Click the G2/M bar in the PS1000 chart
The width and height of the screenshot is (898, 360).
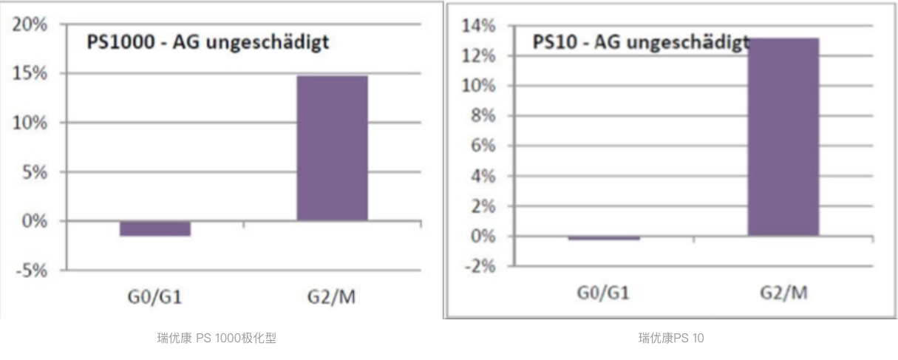point(332,148)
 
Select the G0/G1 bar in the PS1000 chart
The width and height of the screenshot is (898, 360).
point(155,228)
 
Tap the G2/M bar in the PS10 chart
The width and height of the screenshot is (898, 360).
point(783,137)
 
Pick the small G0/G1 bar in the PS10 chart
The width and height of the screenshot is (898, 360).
point(605,238)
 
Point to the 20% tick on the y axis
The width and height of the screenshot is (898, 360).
point(30,24)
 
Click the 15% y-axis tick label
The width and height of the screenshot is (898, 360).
point(30,74)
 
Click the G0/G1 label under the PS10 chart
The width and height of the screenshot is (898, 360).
point(603,293)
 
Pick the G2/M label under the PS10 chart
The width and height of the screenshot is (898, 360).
point(783,293)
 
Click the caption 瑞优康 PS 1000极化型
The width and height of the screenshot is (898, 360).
point(217,339)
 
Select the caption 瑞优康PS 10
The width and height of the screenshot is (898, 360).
point(671,339)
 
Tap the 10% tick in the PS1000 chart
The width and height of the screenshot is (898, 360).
point(30,123)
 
